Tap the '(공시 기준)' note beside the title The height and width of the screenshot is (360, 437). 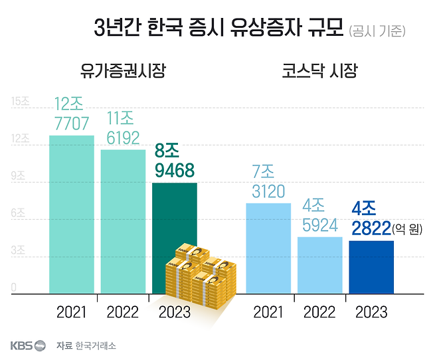pos(377,31)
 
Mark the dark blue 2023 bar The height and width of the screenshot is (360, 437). pos(371,266)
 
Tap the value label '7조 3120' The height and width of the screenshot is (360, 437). pos(268,182)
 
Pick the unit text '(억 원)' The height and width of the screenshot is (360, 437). pos(407,229)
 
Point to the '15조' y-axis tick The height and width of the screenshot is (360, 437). pos(21,102)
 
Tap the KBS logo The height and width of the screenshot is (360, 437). pos(27,345)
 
